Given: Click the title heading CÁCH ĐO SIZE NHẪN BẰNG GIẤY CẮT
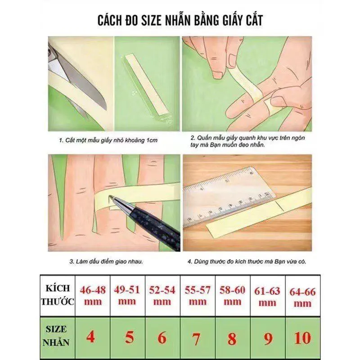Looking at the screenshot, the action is point(180,20).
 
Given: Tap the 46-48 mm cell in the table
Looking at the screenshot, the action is point(93,296).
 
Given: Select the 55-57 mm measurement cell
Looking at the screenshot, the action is point(198,296).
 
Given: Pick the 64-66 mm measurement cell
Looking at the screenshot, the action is point(302,296).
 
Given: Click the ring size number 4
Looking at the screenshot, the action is point(91,337).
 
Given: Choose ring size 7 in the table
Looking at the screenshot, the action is point(196,338).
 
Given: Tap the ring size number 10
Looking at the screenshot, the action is point(302,338).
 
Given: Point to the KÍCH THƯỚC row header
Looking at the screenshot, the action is point(58,295).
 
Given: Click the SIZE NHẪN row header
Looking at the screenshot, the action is point(56,336).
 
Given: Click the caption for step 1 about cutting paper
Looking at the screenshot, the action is point(108,140).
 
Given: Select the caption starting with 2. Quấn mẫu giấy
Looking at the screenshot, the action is point(247,141).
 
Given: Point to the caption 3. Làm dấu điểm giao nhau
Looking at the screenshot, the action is point(106,261).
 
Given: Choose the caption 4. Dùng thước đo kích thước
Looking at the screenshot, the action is point(247,261).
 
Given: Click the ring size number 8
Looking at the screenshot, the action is point(232,338).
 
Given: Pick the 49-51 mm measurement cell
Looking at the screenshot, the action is point(127,296).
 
